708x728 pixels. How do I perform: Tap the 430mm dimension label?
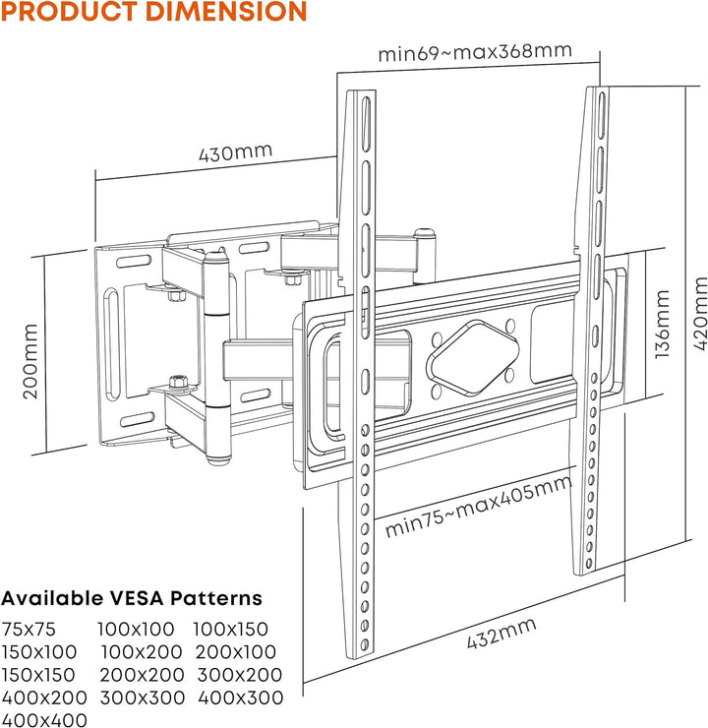click(235, 155)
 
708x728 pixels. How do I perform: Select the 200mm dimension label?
click(31, 361)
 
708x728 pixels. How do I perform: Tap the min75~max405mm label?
click(478, 507)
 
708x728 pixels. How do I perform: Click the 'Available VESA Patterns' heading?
click(132, 598)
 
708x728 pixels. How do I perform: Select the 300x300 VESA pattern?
click(143, 698)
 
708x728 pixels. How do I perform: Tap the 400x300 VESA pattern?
click(240, 698)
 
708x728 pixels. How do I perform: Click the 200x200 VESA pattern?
click(142, 675)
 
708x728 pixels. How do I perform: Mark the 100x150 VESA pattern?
click(230, 629)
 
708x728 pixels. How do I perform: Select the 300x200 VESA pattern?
click(239, 675)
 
